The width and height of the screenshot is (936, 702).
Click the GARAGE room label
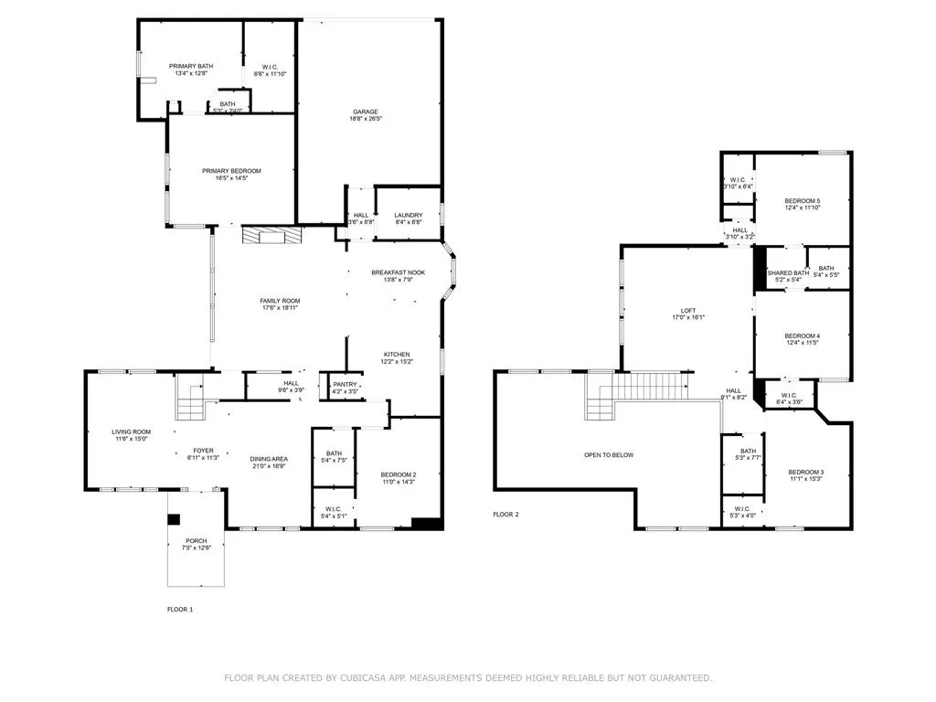pos(366,112)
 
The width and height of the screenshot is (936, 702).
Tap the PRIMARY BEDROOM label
pos(231,171)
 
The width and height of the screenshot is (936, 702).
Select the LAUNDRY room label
pos(409,215)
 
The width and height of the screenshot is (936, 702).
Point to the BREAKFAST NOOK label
pos(399,272)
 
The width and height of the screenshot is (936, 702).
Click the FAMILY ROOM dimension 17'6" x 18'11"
pos(280,308)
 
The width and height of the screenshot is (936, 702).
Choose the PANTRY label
pos(345,385)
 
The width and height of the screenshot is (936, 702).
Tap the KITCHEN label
pos(397,354)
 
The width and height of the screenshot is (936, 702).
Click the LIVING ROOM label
pos(131,431)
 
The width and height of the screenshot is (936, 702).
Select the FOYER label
pos(203,450)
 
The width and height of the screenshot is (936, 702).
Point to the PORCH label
pos(197,540)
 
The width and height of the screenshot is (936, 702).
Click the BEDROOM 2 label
pos(399,474)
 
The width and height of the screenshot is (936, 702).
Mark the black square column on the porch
pos(174,519)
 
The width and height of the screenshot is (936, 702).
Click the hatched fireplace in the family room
pos(271,236)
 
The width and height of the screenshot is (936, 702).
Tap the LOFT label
pos(688,310)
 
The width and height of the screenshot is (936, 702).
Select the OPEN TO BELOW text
pos(609,454)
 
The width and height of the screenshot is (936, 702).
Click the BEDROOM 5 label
pos(803,200)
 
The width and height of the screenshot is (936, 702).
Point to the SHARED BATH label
pos(788,272)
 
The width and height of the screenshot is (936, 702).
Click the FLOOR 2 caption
pos(505,515)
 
